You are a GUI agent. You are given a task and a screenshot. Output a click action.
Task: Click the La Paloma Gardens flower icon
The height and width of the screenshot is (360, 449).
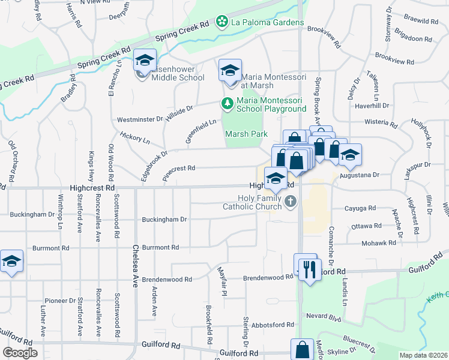click(x=222, y=22)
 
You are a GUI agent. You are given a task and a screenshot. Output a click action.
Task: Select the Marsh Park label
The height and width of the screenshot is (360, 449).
click(x=246, y=134)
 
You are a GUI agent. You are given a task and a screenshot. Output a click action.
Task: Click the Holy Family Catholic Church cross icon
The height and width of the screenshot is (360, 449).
click(x=291, y=202)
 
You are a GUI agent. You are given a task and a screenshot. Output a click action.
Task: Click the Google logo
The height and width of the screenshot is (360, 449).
click(x=20, y=353)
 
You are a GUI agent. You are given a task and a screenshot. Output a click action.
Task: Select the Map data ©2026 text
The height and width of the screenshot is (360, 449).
click(x=423, y=355)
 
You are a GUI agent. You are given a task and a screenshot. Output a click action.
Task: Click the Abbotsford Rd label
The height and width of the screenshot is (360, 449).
click(x=273, y=325)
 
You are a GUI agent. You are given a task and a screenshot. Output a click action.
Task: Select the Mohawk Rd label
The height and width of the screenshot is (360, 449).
click(x=379, y=243)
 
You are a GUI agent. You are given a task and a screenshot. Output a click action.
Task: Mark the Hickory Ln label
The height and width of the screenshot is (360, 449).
click(x=135, y=139)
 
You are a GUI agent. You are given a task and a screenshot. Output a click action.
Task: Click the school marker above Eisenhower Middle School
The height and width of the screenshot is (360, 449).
click(x=145, y=60)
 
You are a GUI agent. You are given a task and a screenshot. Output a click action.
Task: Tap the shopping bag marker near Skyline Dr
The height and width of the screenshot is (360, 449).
click(x=303, y=349)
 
